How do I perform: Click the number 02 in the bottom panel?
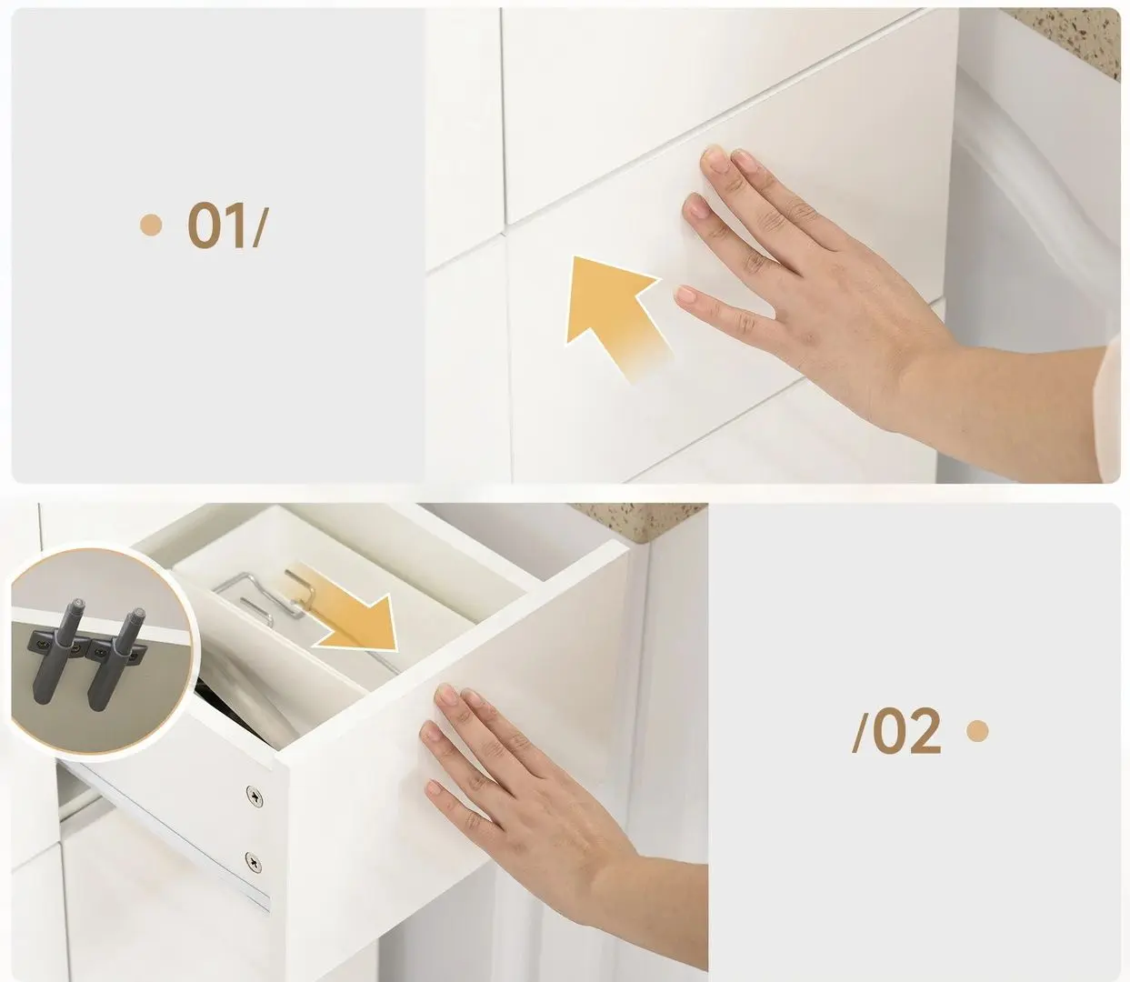907,731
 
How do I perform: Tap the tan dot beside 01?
151,225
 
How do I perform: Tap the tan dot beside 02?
977,731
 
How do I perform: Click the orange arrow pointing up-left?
615,315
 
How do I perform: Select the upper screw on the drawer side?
254,797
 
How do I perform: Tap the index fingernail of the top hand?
714,161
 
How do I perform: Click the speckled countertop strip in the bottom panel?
641,519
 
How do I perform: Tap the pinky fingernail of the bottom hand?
435,788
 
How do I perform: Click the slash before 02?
861,732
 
